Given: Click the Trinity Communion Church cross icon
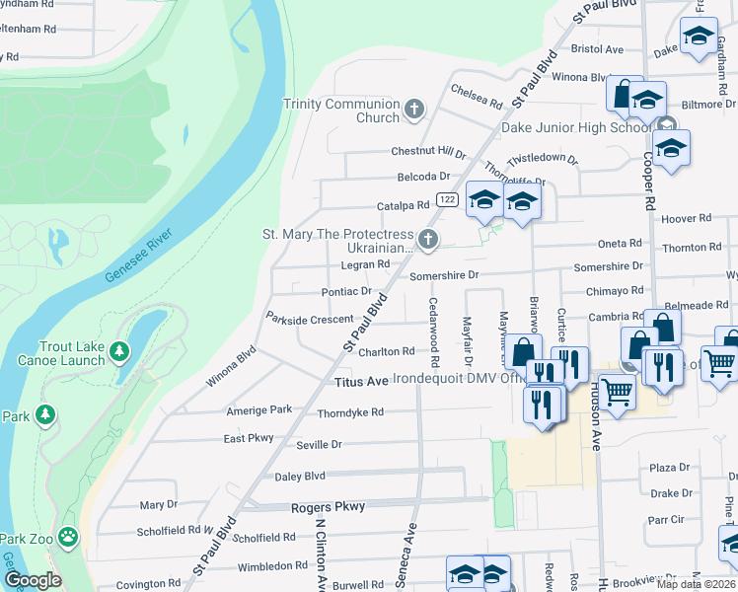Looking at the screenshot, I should tap(414, 109).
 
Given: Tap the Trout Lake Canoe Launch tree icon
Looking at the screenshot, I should tap(118, 351).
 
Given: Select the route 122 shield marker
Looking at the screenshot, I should tap(447, 198).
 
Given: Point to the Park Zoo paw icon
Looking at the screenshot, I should tap(68, 538).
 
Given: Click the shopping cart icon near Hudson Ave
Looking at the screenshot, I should tap(618, 393).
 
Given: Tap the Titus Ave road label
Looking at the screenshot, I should tap(362, 381).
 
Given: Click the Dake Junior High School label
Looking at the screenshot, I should tap(575, 128).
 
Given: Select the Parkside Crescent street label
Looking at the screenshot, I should tap(310, 319).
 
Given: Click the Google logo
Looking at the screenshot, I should tap(32, 580).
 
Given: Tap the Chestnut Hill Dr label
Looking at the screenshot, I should tap(428, 152).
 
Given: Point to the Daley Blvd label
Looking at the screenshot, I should tap(300, 476).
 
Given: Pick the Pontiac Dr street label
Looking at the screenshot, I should tap(346, 292).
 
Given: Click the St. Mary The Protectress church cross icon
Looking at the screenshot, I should tap(427, 238).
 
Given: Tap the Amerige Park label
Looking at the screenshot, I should tap(259, 409).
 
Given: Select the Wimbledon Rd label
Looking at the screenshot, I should tap(272, 566).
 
